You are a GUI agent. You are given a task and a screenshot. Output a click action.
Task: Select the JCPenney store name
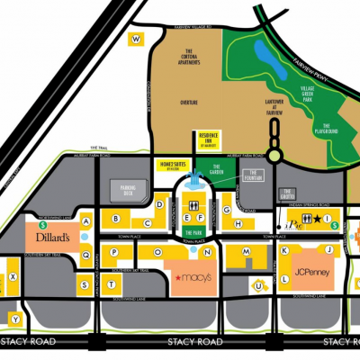(x=311, y=270)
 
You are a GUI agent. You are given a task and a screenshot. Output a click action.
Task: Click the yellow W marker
(x=136, y=39)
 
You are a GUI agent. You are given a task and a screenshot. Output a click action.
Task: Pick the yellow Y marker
(x=15, y=318)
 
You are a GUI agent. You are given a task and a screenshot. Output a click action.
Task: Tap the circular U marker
(x=258, y=287)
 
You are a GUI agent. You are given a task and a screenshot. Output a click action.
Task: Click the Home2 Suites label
(x=170, y=166)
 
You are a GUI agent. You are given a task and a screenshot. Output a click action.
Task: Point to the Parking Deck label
(x=134, y=190)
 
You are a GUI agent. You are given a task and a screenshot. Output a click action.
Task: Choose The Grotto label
(x=289, y=191)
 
